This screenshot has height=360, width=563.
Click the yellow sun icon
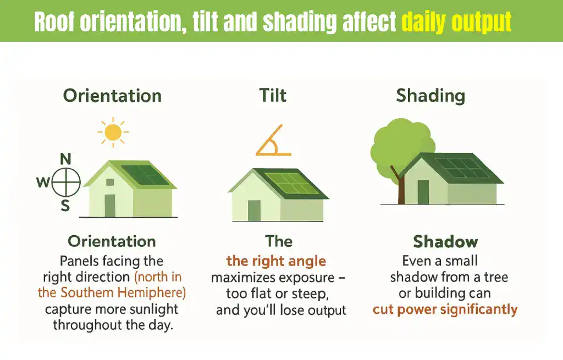pyautogui.click(x=113, y=132)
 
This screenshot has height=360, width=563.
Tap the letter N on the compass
pyautogui.click(x=65, y=159)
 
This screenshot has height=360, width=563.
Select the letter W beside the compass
pyautogui.click(x=43, y=182)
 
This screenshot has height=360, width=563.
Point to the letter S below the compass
pyautogui.click(x=65, y=206)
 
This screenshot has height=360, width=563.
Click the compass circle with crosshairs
pyautogui.click(x=66, y=182)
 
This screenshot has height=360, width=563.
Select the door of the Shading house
pyautogui.click(x=423, y=192)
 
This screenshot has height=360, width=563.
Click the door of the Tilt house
pyautogui.click(x=254, y=211)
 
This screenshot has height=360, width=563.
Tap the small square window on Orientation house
pyautogui.click(x=110, y=182)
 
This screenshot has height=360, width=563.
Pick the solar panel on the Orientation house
pyautogui.click(x=145, y=175)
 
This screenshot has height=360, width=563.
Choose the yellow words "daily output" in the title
pyautogui.click(x=456, y=22)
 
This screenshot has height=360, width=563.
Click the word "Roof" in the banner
pyautogui.click(x=54, y=22)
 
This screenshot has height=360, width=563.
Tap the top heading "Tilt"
pyautogui.click(x=273, y=96)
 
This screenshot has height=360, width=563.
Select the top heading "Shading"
pyautogui.click(x=430, y=96)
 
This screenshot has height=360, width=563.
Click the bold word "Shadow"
pyautogui.click(x=445, y=241)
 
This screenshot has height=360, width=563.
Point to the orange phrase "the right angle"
pyautogui.click(x=276, y=261)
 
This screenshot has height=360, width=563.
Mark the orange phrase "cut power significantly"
pyautogui.click(x=445, y=309)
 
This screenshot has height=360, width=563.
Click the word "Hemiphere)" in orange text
pyautogui.click(x=152, y=293)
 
